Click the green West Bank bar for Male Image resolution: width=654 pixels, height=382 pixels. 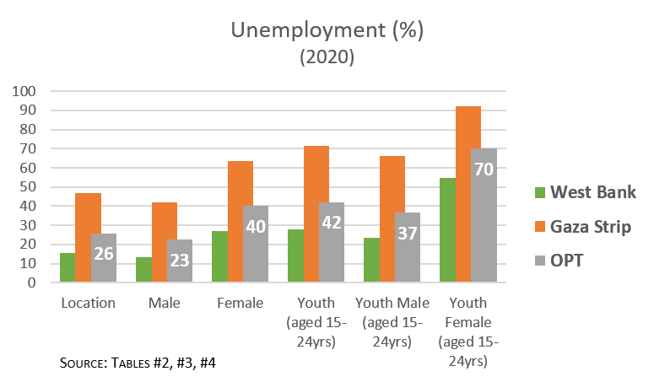[x=143, y=270]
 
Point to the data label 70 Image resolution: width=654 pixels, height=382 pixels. [x=484, y=169]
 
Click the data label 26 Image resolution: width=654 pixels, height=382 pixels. [x=103, y=252]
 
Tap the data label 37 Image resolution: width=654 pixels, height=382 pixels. [x=408, y=234]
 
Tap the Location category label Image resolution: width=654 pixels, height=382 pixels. [x=88, y=303]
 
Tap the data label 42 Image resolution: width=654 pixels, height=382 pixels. [x=332, y=223]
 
